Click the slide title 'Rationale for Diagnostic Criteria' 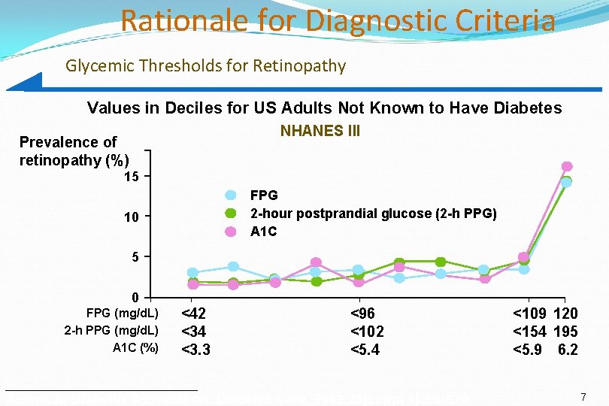point(338,20)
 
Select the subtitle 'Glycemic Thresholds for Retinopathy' point(205,66)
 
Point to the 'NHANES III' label point(320,132)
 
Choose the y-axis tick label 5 point(135,258)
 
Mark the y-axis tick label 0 point(135,296)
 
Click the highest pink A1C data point point(567,166)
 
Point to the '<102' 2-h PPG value point(368,332)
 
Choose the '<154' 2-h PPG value point(530,332)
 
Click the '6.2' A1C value point(568,349)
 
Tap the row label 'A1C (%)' point(135,347)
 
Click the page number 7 point(583,395)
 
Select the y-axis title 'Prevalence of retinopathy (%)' point(74,151)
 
